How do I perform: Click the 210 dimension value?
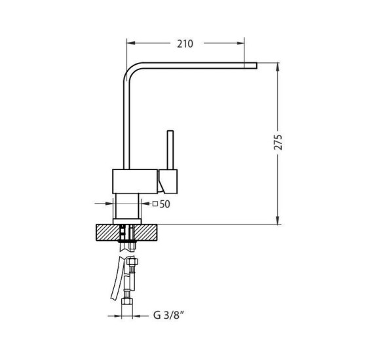185,44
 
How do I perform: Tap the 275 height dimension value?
278,142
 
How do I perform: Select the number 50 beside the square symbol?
165,204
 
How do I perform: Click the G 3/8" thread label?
168,315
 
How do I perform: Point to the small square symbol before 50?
155,204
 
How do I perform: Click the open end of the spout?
257,65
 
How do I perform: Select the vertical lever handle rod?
170,150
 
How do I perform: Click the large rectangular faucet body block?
135,181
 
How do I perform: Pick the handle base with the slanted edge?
168,181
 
